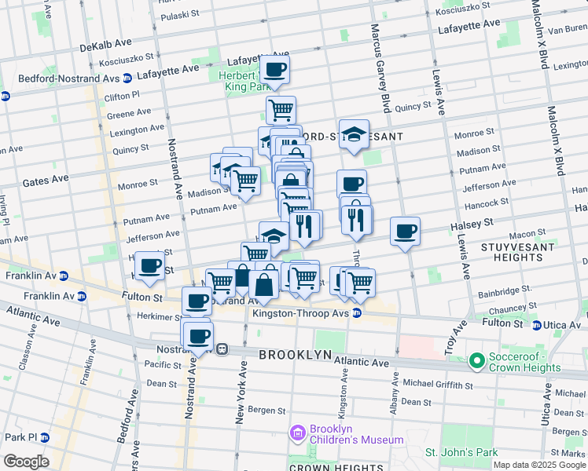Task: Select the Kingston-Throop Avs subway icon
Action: [x=357, y=313]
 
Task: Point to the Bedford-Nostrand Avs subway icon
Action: [x=6, y=97]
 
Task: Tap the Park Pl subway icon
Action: [x=46, y=437]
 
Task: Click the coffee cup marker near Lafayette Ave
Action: [x=276, y=70]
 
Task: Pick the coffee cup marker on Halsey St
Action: [x=405, y=232]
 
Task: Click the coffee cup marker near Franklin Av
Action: [x=149, y=266]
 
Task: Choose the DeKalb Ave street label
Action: [x=107, y=47]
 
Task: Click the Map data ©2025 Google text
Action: [x=538, y=465]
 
